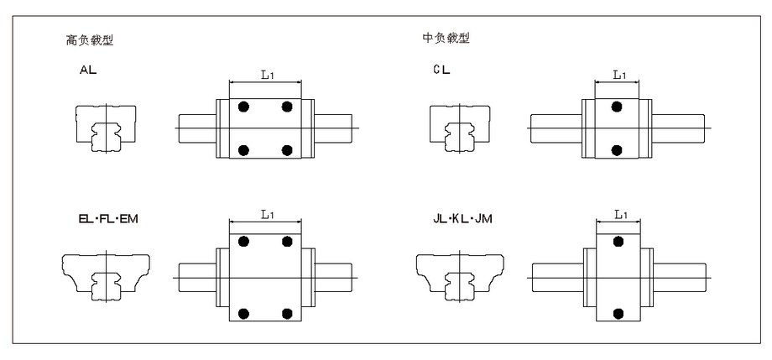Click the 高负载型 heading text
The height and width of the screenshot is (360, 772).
pos(90,40)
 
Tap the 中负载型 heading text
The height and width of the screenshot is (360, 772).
pos(446,38)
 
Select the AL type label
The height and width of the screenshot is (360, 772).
pos(89,70)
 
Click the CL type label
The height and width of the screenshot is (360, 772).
pos(441,70)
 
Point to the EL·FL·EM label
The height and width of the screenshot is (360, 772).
pos(108,219)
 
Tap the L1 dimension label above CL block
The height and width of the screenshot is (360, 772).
pos(619,75)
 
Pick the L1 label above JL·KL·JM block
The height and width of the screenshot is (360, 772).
pos(620,214)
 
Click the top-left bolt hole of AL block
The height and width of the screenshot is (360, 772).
pos(243,107)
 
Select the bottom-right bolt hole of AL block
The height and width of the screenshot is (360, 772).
pos(288,149)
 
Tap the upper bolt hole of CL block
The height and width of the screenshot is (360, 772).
pos(617,107)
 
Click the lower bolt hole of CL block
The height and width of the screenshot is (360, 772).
pos(617,149)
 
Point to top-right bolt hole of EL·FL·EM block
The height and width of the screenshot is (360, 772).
pos(288,241)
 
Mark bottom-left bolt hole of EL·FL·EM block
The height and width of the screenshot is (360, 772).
pos(243,313)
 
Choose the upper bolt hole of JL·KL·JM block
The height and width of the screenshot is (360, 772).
pos(618,241)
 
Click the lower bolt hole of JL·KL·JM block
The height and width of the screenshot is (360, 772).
pos(618,313)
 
